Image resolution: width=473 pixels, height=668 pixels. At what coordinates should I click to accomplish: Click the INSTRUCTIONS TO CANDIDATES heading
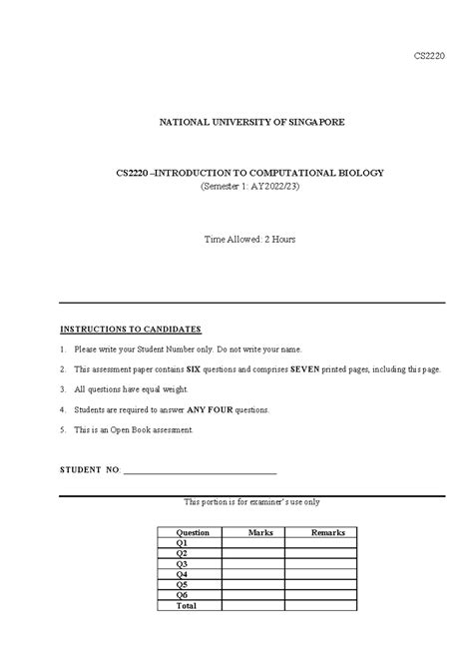pos(131,329)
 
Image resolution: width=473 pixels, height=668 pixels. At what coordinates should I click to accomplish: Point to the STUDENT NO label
pos(90,468)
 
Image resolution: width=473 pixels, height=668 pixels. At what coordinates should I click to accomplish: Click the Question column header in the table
pos(193,533)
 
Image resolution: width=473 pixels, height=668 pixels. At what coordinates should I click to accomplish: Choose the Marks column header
pos(260,533)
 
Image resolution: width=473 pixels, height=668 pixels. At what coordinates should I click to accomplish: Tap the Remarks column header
pos(327,533)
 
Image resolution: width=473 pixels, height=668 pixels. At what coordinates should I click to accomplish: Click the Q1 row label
pos(182,543)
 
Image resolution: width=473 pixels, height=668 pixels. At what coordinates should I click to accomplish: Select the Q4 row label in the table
pos(182,574)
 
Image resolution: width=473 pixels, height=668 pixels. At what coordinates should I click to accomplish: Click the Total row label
pos(186,605)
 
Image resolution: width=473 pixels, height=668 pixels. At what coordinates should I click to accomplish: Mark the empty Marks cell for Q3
pos(260,564)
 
